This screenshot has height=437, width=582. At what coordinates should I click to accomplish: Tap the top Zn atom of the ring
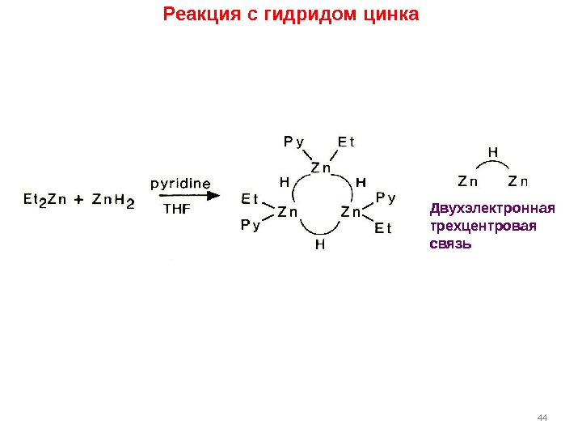(x=321, y=168)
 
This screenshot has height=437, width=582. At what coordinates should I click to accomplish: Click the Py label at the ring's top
(x=293, y=142)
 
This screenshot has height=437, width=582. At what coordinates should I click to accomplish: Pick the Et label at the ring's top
(x=346, y=142)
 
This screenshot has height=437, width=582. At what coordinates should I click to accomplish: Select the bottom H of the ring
(x=320, y=244)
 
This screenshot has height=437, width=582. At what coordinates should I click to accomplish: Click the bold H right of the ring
(x=361, y=182)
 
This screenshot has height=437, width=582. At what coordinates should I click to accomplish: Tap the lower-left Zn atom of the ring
(x=288, y=213)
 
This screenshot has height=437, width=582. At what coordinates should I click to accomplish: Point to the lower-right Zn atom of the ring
(x=351, y=213)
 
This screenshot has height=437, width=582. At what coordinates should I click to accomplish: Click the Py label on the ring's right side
(x=386, y=197)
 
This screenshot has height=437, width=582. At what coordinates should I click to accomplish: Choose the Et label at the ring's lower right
(x=383, y=229)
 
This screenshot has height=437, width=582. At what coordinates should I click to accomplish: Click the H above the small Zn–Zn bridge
(x=493, y=151)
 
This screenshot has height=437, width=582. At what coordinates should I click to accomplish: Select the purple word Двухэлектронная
(x=492, y=209)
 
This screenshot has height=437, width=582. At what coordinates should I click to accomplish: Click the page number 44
(x=542, y=417)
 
